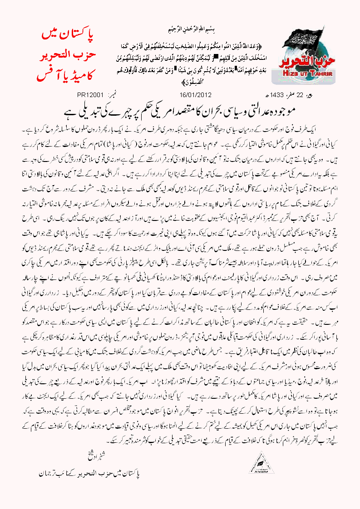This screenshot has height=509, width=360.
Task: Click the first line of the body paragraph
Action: click(182, 124)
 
